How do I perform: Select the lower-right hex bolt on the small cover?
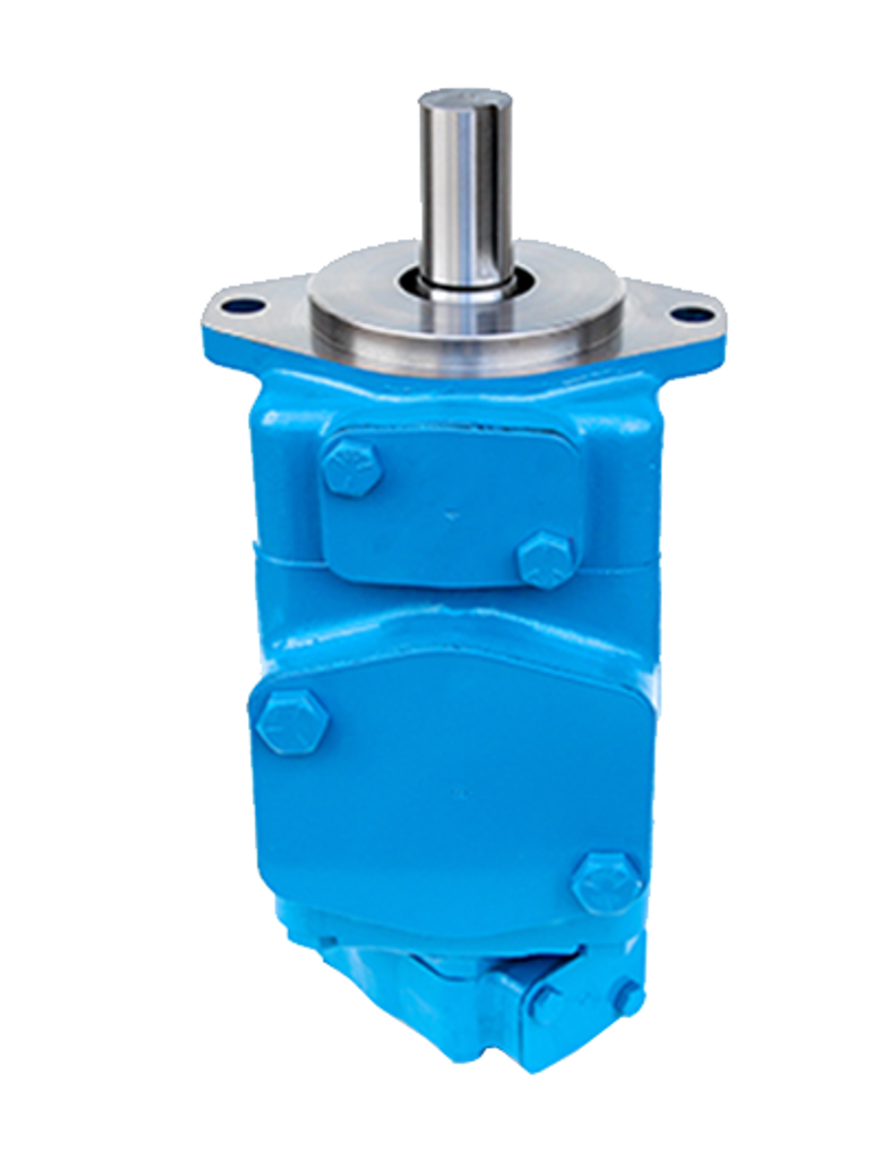tap(546, 560)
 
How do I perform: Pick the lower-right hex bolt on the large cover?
tap(607, 882)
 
